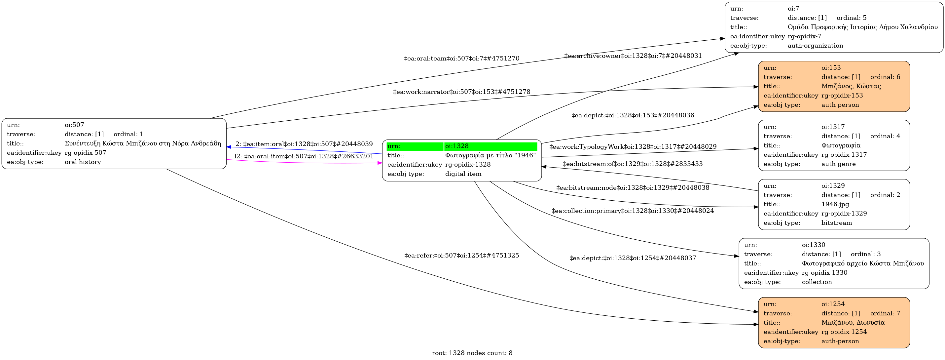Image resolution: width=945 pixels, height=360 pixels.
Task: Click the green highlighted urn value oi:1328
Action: (457, 146)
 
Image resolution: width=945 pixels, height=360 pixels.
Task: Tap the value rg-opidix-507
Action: (85, 153)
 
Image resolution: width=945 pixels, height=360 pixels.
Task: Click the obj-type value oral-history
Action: (83, 162)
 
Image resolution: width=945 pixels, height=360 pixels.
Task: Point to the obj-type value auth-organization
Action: (815, 46)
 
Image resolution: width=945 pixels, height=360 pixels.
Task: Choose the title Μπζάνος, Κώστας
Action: (851, 86)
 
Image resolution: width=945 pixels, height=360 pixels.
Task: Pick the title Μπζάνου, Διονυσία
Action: (853, 323)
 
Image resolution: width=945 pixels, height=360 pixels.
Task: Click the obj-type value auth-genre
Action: (838, 164)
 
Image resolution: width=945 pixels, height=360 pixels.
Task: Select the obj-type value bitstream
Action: (836, 223)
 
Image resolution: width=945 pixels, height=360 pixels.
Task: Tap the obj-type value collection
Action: (817, 282)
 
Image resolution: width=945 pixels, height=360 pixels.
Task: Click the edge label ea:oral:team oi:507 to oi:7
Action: (461, 59)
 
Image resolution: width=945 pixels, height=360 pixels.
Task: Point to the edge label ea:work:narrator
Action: (461, 92)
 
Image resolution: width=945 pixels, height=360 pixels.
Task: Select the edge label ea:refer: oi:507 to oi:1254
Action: (461, 256)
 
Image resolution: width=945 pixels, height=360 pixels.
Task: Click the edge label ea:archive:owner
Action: (633, 56)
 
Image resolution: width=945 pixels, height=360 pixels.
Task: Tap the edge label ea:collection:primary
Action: (633, 211)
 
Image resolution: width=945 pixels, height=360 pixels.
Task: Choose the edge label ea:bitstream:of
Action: (633, 164)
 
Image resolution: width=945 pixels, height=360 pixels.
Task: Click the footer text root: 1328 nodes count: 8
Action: (472, 353)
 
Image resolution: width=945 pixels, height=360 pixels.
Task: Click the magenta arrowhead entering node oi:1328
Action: (380, 163)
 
